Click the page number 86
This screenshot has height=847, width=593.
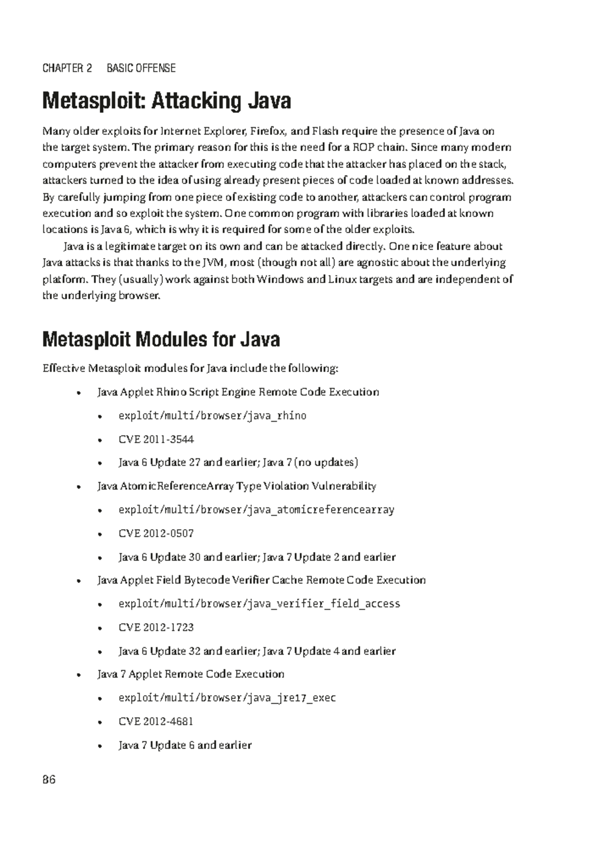[49, 780]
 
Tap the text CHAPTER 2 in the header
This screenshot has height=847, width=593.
[67, 68]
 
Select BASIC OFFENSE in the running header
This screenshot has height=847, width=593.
[141, 68]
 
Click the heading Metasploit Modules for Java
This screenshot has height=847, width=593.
[161, 339]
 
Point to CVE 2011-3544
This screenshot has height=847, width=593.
[156, 439]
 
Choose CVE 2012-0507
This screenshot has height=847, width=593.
[156, 533]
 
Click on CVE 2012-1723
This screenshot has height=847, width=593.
[156, 627]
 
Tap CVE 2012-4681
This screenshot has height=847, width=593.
[156, 721]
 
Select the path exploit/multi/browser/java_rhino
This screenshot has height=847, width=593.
[212, 416]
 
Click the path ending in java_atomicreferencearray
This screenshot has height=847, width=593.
[256, 509]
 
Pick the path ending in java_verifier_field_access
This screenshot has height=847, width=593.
[259, 603]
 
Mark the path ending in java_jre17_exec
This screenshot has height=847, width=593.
[227, 698]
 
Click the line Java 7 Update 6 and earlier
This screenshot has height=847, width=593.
[185, 745]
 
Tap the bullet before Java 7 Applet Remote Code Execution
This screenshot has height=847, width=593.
[78, 675]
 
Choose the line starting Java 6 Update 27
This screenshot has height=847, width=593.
[238, 463]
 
